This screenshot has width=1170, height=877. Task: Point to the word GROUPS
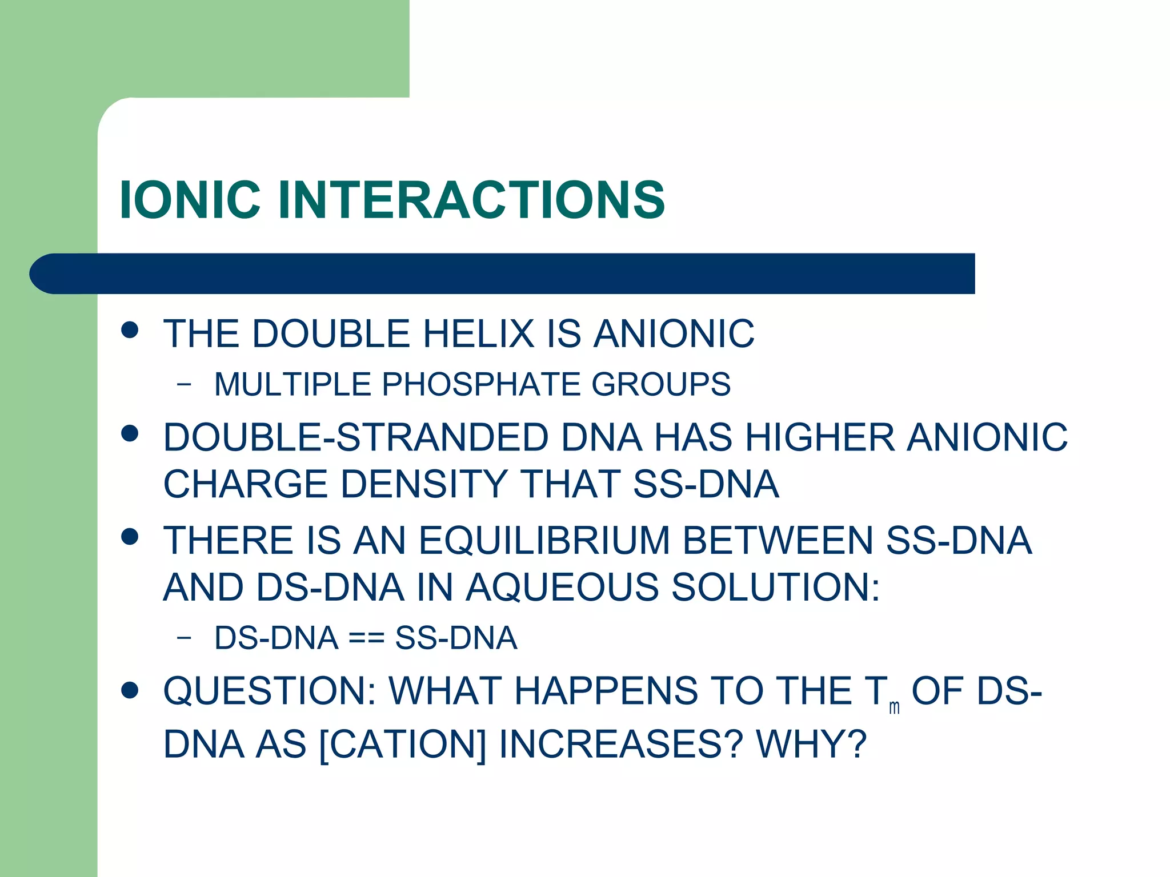pyautogui.click(x=661, y=384)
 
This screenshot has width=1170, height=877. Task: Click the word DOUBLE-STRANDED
pyautogui.click(x=355, y=437)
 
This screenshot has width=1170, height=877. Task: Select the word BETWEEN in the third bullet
pyautogui.click(x=778, y=540)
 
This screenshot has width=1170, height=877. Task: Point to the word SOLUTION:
pyautogui.click(x=775, y=587)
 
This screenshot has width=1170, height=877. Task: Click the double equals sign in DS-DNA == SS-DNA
pyautogui.click(x=366, y=638)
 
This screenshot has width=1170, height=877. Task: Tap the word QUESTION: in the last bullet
pyautogui.click(x=269, y=691)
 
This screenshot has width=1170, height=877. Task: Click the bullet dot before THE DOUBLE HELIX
pyautogui.click(x=130, y=330)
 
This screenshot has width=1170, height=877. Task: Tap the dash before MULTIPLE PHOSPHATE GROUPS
pyautogui.click(x=184, y=384)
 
